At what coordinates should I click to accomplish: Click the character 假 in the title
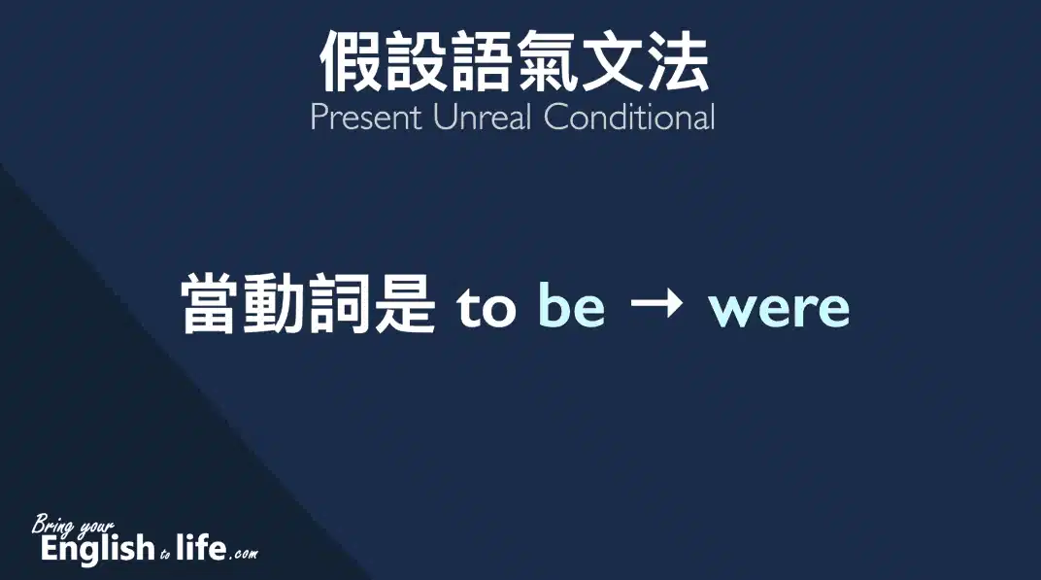click(352, 61)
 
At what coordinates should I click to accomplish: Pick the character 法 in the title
click(677, 61)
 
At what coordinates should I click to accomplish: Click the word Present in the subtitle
click(366, 118)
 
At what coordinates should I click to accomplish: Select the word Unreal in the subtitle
click(483, 118)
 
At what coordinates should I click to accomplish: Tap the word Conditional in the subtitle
click(629, 118)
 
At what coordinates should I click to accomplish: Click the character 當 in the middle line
click(212, 304)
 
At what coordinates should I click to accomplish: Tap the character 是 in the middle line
click(404, 304)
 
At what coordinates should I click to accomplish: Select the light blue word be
click(572, 304)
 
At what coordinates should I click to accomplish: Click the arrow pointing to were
click(656, 304)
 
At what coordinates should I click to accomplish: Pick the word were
click(780, 310)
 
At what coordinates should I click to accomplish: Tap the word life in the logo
click(201, 547)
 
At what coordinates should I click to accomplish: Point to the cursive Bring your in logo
click(73, 526)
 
